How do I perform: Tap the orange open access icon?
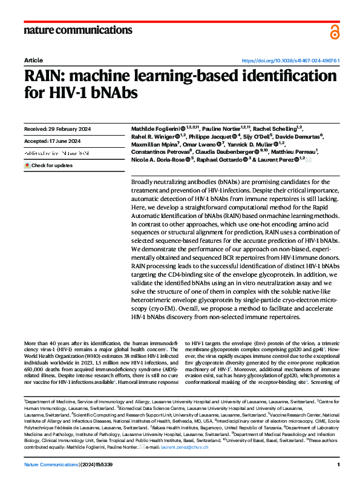pos(335,32)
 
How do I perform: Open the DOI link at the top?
pos(291,61)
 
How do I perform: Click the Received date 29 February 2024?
pos(56,129)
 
